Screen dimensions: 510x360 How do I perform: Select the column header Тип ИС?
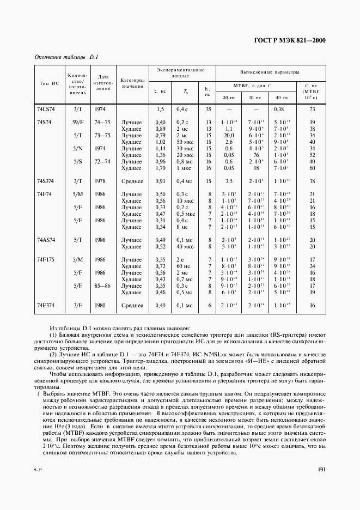(48, 83)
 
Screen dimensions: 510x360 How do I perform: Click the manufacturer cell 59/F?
(76, 123)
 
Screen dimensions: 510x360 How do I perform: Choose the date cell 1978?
(100, 181)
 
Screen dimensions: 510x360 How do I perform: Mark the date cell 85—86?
(101, 286)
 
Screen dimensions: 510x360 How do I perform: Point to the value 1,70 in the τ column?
(160, 168)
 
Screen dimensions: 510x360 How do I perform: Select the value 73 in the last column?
(312, 110)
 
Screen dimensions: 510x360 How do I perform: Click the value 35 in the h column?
(209, 110)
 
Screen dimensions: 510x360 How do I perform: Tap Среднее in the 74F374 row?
(132, 305)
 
